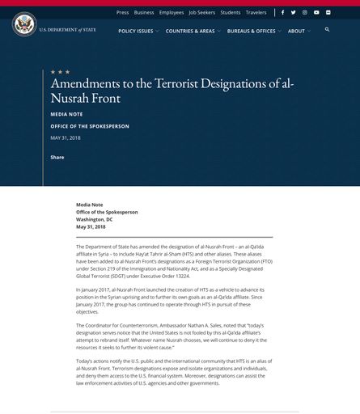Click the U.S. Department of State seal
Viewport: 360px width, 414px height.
24,24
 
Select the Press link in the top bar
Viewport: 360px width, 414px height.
122,13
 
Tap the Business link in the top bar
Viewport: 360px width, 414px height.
144,13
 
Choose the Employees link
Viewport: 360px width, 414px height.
172,13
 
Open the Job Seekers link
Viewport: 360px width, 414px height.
202,13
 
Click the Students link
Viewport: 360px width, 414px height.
231,13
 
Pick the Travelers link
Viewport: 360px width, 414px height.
256,13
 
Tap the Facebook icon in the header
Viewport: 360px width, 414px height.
282,13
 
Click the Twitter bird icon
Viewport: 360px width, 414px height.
293,13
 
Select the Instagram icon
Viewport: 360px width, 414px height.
305,13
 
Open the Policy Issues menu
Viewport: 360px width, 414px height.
136,31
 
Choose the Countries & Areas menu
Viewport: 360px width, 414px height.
190,31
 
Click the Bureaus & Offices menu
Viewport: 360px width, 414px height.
252,31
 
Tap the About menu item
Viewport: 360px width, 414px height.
297,31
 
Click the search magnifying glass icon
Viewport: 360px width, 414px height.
328,30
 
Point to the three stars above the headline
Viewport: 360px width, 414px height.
61,72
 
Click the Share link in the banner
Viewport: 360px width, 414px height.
57,157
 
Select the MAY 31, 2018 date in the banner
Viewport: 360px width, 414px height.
66,138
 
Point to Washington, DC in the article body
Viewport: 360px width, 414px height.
95,219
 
